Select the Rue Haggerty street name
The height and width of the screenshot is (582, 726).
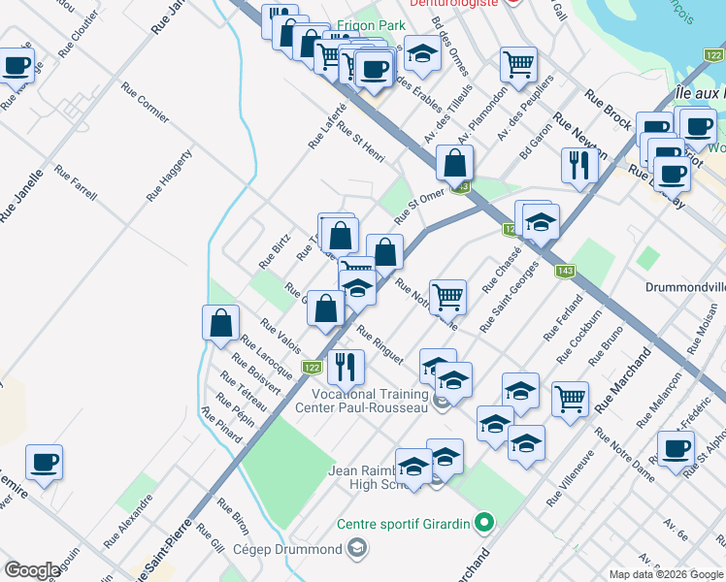pyautogui.click(x=170, y=176)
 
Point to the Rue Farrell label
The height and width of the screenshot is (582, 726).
pyautogui.click(x=76, y=182)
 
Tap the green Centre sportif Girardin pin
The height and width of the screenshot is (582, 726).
pyautogui.click(x=485, y=524)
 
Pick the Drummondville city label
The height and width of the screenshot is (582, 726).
pyautogui.click(x=685, y=288)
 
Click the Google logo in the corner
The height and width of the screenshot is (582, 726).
pyautogui.click(x=31, y=570)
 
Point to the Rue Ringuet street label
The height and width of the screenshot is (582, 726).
pyautogui.click(x=379, y=345)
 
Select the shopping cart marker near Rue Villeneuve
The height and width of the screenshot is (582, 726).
pyautogui.click(x=570, y=398)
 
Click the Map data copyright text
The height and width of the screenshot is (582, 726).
pyautogui.click(x=666, y=574)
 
